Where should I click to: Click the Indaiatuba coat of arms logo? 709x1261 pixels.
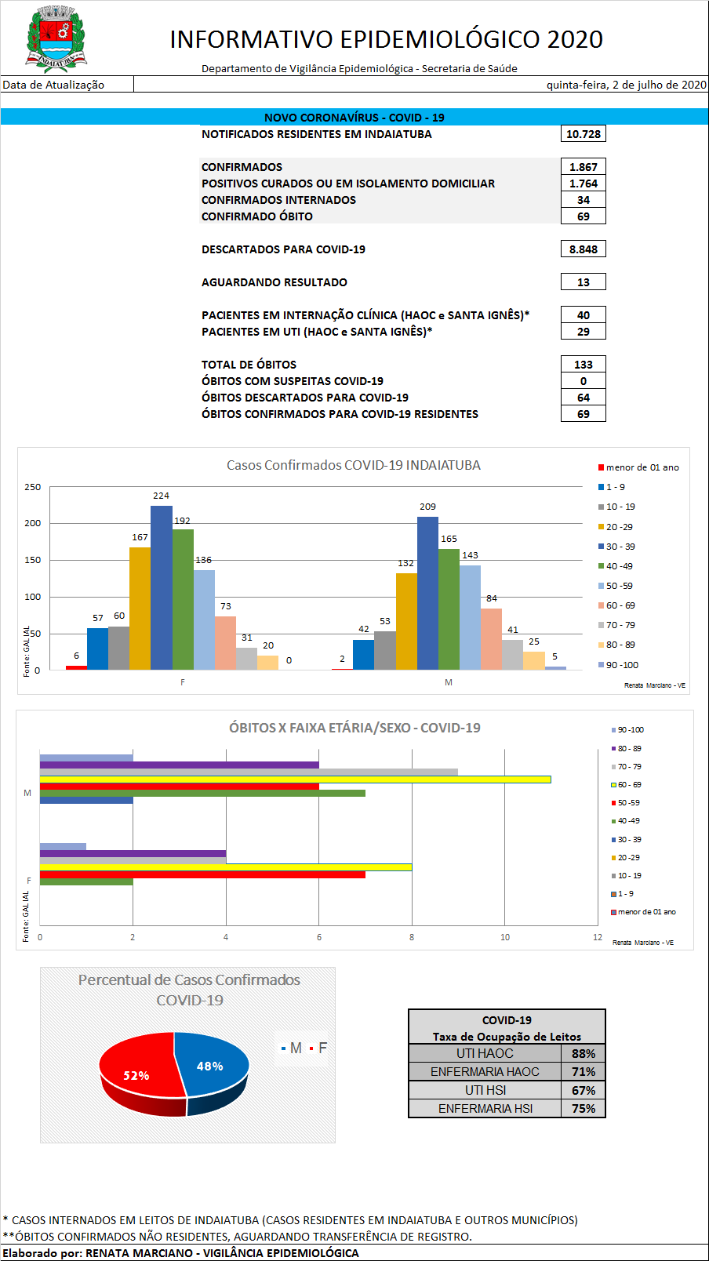pyautogui.click(x=56, y=39)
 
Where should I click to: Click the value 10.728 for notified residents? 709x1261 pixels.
pyautogui.click(x=584, y=134)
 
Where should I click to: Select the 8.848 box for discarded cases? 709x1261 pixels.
pyautogui.click(x=584, y=249)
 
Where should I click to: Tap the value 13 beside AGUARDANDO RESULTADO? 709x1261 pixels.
pyautogui.click(x=584, y=282)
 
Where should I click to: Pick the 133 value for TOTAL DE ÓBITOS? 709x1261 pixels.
pyautogui.click(x=584, y=365)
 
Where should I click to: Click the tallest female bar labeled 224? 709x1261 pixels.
pyautogui.click(x=162, y=588)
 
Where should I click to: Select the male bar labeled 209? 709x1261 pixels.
pyautogui.click(x=427, y=594)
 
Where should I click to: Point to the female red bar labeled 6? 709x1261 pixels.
pyautogui.click(x=76, y=667)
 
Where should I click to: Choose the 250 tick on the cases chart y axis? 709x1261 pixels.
pyautogui.click(x=33, y=487)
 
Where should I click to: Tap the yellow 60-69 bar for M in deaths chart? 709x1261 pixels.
pyautogui.click(x=295, y=779)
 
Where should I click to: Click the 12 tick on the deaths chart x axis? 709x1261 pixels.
pyautogui.click(x=598, y=937)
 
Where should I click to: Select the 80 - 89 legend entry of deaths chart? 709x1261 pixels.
pyautogui.click(x=629, y=749)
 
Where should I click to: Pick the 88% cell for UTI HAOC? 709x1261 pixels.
pyautogui.click(x=584, y=1054)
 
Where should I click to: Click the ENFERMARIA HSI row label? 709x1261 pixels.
pyautogui.click(x=485, y=1109)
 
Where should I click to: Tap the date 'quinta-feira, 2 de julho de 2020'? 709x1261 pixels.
pyautogui.click(x=626, y=85)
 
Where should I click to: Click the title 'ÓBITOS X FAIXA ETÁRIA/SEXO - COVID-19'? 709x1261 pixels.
pyautogui.click(x=354, y=728)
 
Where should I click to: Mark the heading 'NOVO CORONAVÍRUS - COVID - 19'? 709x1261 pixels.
pyautogui.click(x=354, y=118)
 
